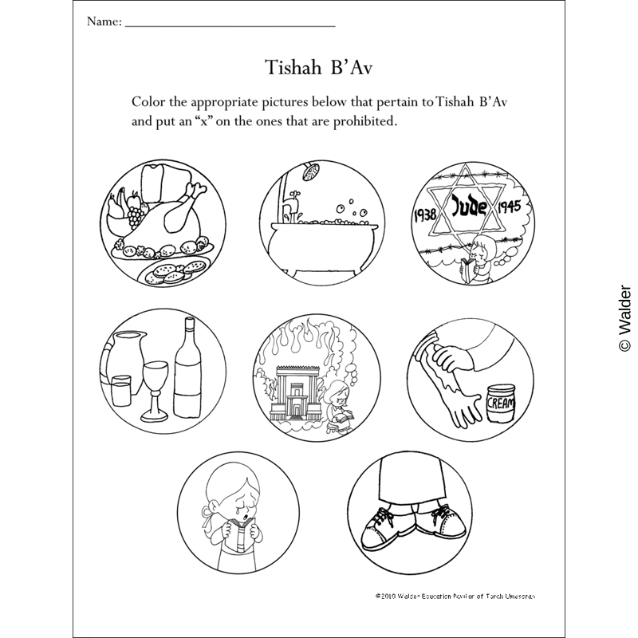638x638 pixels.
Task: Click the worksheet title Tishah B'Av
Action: [318, 65]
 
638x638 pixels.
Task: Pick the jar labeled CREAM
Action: [501, 403]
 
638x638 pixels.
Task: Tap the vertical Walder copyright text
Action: [624, 318]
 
